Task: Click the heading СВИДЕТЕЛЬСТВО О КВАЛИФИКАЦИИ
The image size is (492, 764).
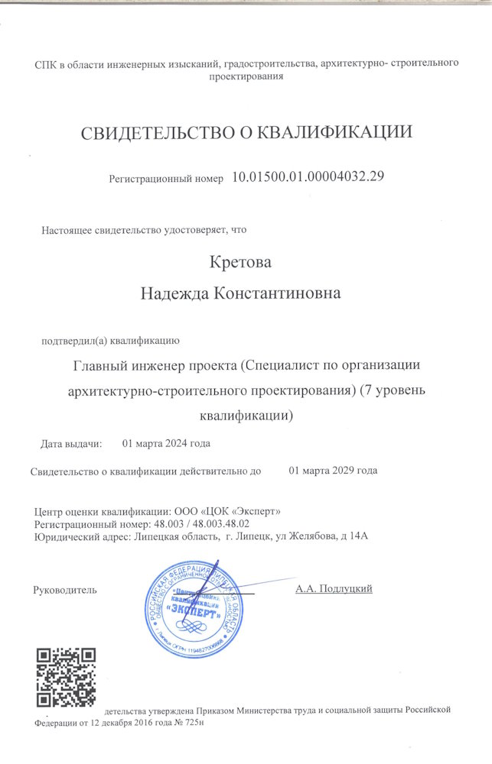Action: point(247,132)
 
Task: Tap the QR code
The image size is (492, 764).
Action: point(67,677)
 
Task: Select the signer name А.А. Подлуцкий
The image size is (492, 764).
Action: point(334,588)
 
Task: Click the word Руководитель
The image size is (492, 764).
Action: point(66,590)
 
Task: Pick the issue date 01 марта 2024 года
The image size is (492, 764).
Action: point(167,443)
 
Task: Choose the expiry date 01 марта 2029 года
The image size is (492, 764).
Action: point(333,470)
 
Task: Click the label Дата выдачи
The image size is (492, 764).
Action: point(70,443)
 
